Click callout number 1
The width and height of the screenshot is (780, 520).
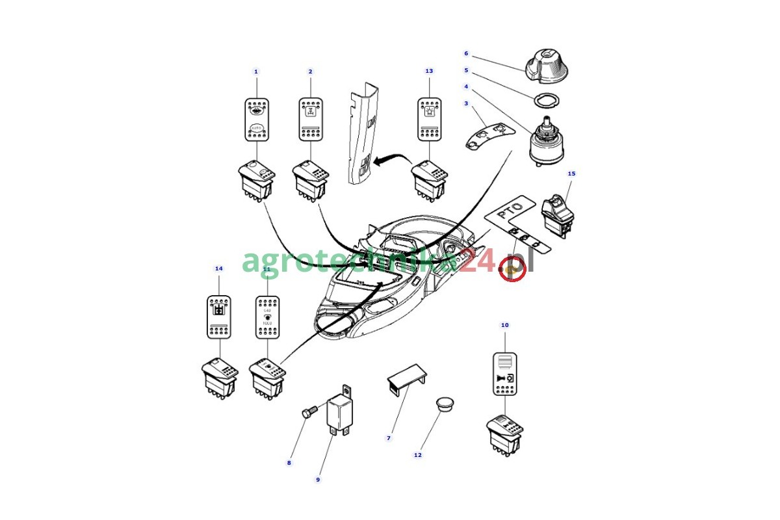coord(255,71)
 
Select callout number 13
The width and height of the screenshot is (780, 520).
coord(429,71)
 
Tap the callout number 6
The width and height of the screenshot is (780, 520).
coord(465,53)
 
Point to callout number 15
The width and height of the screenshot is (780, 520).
coord(571,174)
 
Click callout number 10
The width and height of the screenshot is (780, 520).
coord(504,324)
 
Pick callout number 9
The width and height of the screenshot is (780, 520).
coord(318,480)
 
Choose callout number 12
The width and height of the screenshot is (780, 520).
coord(417,455)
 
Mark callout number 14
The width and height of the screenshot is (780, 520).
coord(218,268)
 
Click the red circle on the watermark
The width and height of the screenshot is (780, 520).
coord(512,268)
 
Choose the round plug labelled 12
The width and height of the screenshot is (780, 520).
coord(445,403)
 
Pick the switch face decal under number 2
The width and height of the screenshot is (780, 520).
coord(310,119)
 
